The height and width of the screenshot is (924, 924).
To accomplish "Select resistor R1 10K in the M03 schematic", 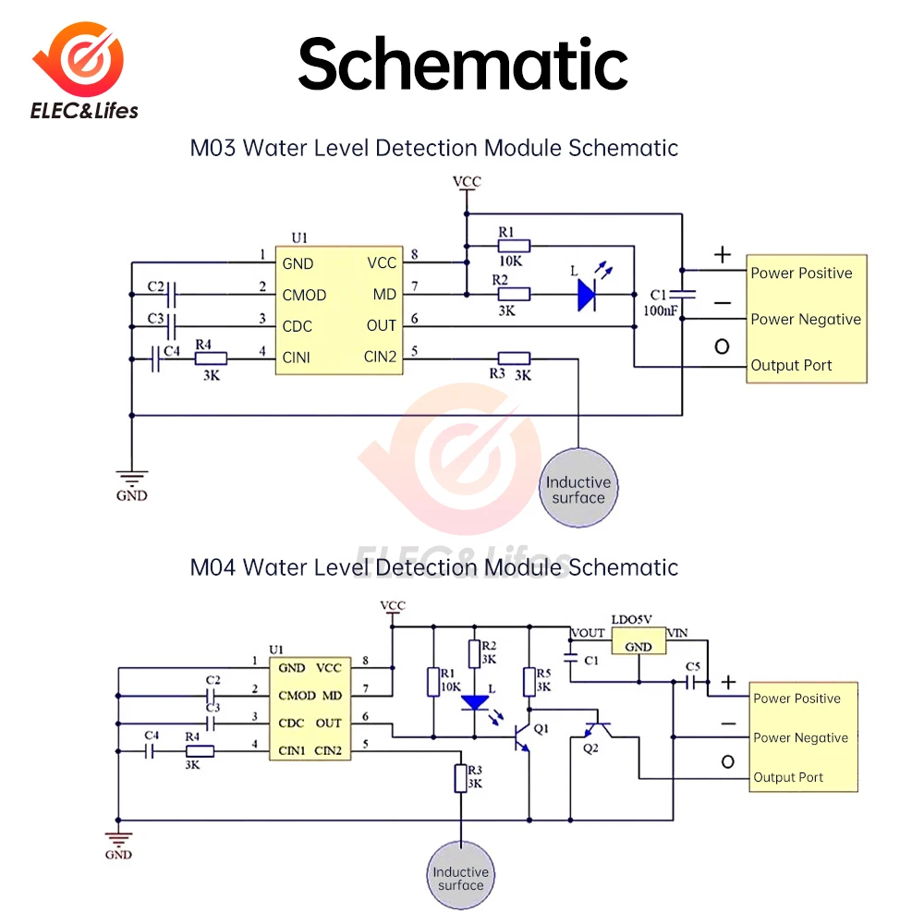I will point(514,246).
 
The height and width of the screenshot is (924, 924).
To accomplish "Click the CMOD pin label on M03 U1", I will point(304,295).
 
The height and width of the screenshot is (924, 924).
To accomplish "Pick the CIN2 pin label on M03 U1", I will point(380,357).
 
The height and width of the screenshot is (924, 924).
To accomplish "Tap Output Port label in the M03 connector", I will point(791,365).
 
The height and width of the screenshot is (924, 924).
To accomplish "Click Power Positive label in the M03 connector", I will point(801,273).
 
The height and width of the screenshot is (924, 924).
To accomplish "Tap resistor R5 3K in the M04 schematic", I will point(529,682).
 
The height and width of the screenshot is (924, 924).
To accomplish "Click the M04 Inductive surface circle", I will point(460,878).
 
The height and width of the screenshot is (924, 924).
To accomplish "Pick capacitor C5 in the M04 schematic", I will point(691,683).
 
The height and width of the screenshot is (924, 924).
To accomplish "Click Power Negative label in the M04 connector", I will point(800,737).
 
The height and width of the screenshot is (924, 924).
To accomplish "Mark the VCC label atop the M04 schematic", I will point(393,606).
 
